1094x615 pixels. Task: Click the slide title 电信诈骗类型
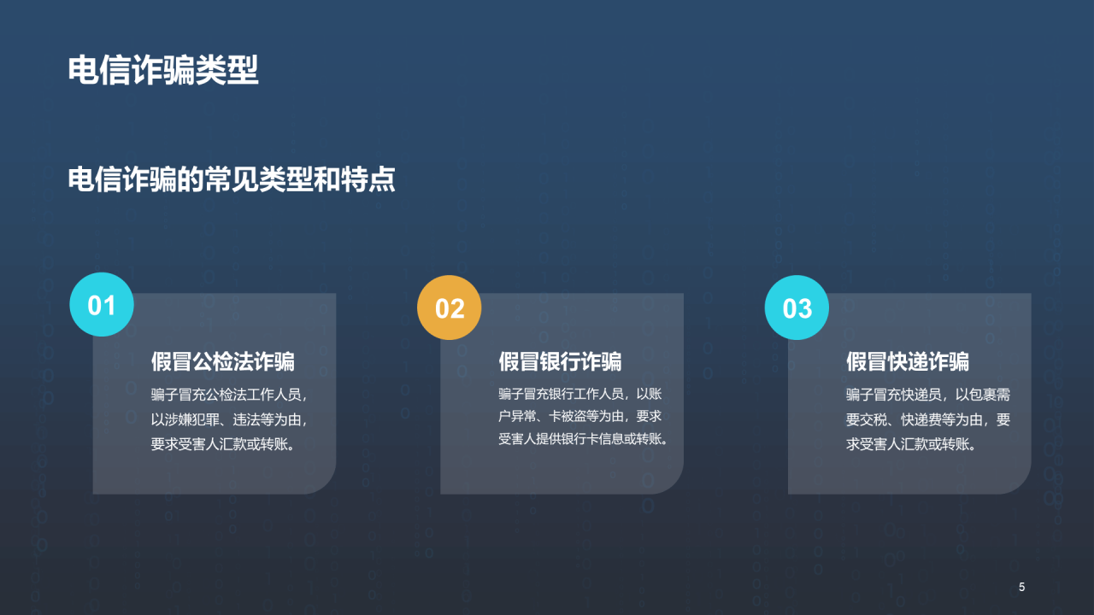pyautogui.click(x=163, y=71)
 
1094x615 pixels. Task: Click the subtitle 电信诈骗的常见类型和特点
pyautogui.click(x=232, y=180)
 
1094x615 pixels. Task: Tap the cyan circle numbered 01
pyautogui.click(x=102, y=305)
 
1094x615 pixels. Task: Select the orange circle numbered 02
pyautogui.click(x=450, y=307)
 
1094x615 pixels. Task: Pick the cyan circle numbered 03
pyautogui.click(x=797, y=307)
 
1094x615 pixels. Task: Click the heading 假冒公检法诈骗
pyautogui.click(x=223, y=361)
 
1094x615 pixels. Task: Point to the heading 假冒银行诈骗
pyautogui.click(x=560, y=361)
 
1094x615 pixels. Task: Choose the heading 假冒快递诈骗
pyautogui.click(x=908, y=361)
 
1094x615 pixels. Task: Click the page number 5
pyautogui.click(x=1021, y=587)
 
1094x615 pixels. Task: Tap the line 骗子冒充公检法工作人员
pyautogui.click(x=229, y=395)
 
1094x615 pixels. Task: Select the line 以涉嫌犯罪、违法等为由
pyautogui.click(x=229, y=420)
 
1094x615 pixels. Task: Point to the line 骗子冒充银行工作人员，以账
pyautogui.click(x=580, y=394)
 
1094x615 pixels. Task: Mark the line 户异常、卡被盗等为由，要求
pyautogui.click(x=580, y=417)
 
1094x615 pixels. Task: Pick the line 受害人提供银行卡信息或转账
pyautogui.click(x=582, y=439)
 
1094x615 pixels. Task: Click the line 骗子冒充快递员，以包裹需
pyautogui.click(x=928, y=395)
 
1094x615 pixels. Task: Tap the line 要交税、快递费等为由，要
pyautogui.click(x=928, y=420)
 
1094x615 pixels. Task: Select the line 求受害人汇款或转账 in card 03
pyautogui.click(x=911, y=444)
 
